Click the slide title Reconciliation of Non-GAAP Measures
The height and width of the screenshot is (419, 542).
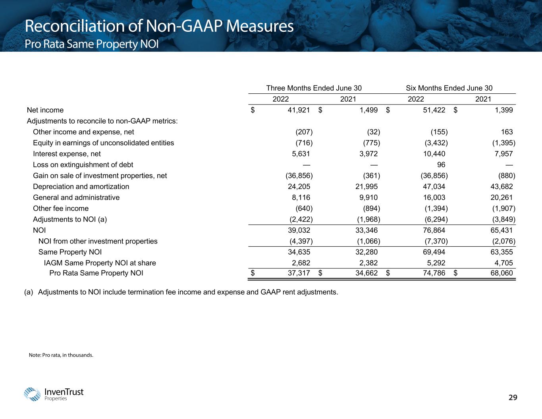point(159,27)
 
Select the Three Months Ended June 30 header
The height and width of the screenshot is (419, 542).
point(314,88)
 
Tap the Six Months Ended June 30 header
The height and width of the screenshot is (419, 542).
point(449,88)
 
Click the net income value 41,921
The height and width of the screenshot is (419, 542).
point(299,110)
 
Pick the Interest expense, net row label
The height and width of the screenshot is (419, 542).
point(67,154)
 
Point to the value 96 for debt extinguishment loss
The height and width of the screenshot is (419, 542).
point(441,165)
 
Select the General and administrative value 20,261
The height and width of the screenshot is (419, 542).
point(501,197)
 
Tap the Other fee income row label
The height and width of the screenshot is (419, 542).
point(61,209)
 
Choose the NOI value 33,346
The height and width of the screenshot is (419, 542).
point(366,230)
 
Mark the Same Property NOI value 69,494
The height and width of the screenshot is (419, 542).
point(434,252)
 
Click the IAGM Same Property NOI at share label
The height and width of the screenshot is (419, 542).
point(100,263)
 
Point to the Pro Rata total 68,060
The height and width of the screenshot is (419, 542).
point(501,273)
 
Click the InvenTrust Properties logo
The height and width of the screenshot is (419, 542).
point(54,394)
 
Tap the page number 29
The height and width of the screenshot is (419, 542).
point(513,398)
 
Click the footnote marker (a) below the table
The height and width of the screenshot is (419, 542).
point(29,292)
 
